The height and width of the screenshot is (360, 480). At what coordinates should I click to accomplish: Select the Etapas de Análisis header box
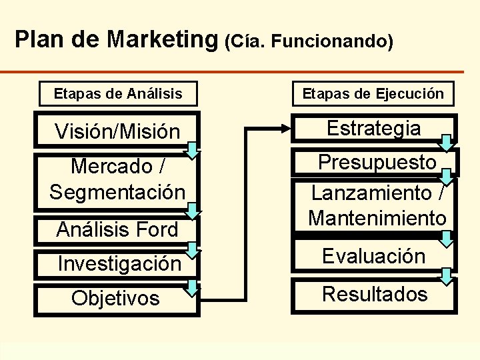(117, 94)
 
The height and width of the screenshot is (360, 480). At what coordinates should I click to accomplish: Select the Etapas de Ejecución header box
(373, 94)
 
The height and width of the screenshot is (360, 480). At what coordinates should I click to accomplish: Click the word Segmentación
(117, 192)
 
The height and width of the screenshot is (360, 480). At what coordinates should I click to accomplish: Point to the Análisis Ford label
(117, 229)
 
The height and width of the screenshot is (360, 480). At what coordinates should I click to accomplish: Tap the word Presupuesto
(377, 162)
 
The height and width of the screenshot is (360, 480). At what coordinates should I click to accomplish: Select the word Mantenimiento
(377, 217)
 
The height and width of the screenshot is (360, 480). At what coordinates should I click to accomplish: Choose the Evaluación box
(373, 256)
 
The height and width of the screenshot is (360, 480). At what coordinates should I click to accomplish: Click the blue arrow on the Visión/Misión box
(192, 151)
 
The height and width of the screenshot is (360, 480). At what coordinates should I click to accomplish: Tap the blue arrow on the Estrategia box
(447, 141)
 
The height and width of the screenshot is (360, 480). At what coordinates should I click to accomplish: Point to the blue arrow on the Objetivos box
(192, 288)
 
